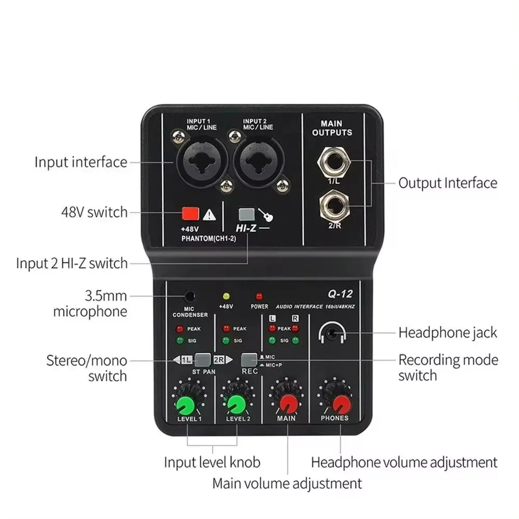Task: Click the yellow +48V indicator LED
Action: pyautogui.click(x=226, y=297)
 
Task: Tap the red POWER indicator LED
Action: pyautogui.click(x=259, y=297)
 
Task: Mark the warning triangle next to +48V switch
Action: pyautogui.click(x=209, y=213)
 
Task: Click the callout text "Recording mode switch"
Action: pyautogui.click(x=448, y=367)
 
